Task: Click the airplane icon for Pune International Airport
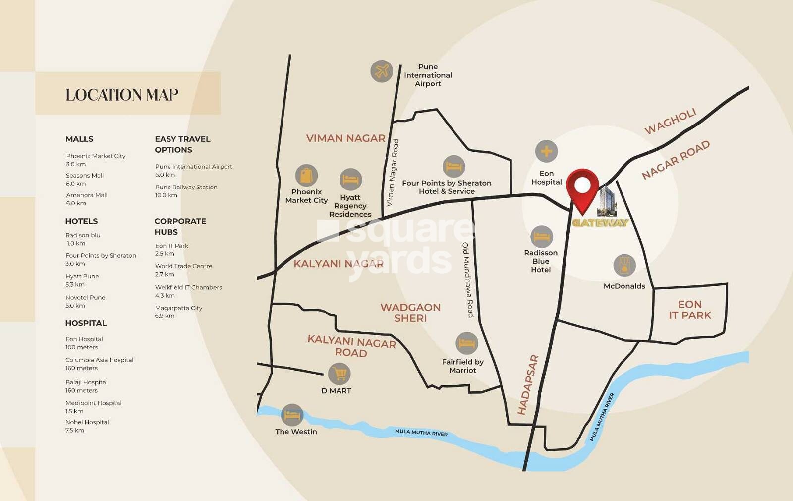pos(382,71)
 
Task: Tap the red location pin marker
pos(582,189)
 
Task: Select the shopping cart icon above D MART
pos(340,374)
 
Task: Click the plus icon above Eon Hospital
pos(546,151)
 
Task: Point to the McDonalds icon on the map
pos(624,266)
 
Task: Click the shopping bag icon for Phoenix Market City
pos(306,175)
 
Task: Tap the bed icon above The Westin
pos(292,415)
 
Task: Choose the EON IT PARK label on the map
pos(689,310)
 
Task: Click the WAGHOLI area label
pos(670,122)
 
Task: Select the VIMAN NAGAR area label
pos(345,138)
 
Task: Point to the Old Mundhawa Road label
pos(468,280)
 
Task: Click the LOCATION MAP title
pos(122,95)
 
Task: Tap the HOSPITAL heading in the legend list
pos(86,323)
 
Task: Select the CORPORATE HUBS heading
pos(180,226)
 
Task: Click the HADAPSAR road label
pos(527,384)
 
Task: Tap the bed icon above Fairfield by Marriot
pos(466,343)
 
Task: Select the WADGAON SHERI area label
pos(410,313)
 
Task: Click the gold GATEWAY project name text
pos(600,223)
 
